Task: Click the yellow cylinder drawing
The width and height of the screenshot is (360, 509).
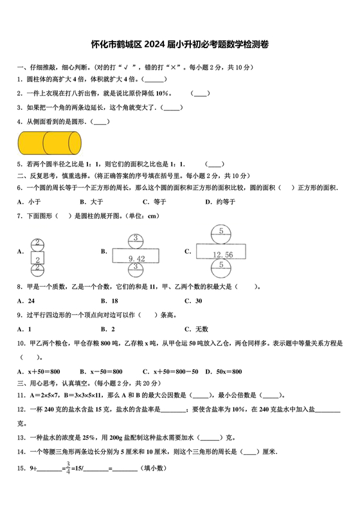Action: [x=50, y=141]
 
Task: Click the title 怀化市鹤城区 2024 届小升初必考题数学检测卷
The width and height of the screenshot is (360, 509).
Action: [x=179, y=44]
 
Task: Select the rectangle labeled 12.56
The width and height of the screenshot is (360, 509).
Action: [x=221, y=254]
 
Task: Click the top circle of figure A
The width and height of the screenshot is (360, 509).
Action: [x=38, y=244]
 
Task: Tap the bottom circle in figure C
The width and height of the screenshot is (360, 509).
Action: [x=221, y=265]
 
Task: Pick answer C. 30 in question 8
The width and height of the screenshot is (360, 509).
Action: [x=194, y=301]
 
